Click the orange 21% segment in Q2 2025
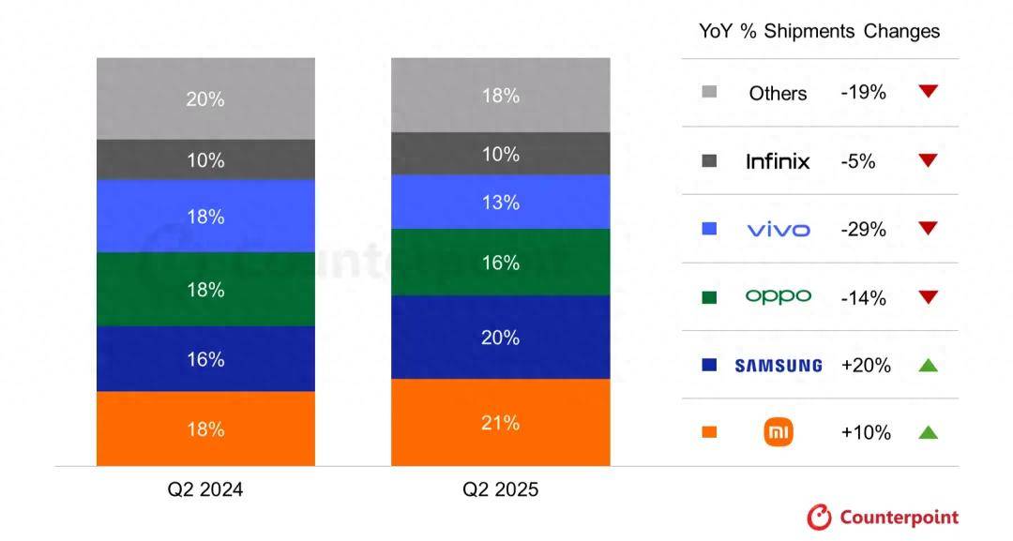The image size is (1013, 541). pos(500,422)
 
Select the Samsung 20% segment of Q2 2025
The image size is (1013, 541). pos(500,338)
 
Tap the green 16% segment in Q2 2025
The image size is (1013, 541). pos(500,263)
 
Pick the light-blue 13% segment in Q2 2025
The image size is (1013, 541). pos(500,202)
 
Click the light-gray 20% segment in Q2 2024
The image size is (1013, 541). pos(205,98)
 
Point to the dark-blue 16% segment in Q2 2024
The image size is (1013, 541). pos(205,359)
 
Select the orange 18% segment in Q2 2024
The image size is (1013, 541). pos(205,428)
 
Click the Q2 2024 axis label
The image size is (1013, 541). pos(205,489)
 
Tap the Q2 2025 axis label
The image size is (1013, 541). pos(500,489)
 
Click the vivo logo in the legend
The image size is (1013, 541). pos(778,229)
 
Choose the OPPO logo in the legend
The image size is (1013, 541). pos(778,296)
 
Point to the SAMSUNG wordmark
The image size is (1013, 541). pos(778,366)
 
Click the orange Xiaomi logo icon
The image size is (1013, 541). pos(779,432)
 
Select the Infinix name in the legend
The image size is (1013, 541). pos(778,161)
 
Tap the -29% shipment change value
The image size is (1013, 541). pos(863,229)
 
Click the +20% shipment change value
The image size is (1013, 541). pos(864,366)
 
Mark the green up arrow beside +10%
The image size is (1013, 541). pos(928,432)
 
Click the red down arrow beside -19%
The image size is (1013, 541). pos(928,92)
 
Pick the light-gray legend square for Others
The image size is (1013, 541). pos(709,93)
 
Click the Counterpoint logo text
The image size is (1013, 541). pos(898,517)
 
